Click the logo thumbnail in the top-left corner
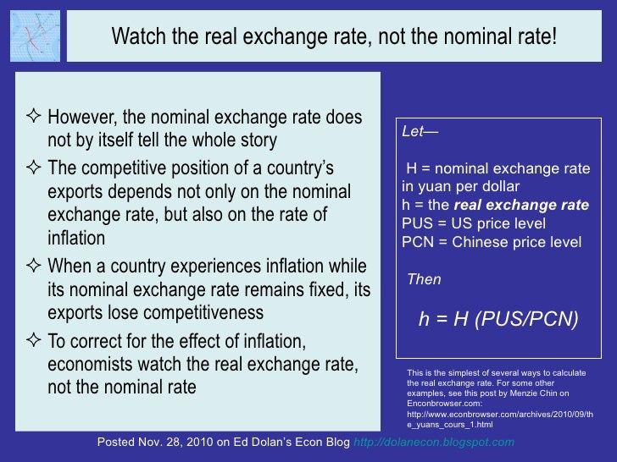click(x=35, y=36)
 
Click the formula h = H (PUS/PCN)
click(x=498, y=320)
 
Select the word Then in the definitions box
click(x=425, y=279)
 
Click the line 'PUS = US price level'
click(x=474, y=223)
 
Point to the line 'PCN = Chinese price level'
click(x=492, y=241)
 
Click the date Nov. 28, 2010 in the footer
click(x=174, y=443)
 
